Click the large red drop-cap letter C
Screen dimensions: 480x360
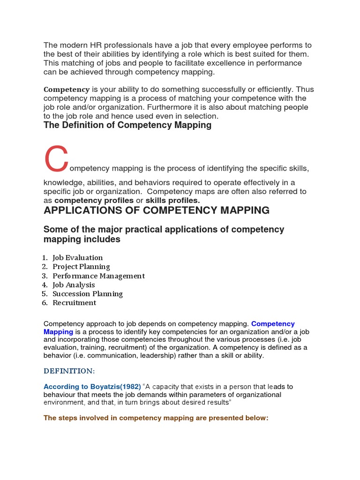point(56,159)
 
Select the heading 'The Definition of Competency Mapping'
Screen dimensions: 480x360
point(127,125)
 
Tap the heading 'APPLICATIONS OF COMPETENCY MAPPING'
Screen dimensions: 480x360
point(157,210)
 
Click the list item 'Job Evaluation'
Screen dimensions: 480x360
point(77,258)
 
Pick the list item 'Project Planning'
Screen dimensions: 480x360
point(81,267)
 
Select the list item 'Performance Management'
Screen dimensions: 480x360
point(98,276)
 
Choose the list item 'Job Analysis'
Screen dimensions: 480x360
point(74,285)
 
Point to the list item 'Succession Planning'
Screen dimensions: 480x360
point(88,294)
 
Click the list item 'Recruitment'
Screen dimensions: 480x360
point(74,303)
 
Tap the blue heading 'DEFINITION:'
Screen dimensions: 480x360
point(69,371)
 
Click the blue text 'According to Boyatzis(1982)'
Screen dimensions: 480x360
point(92,387)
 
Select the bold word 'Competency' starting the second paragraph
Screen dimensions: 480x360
point(67,89)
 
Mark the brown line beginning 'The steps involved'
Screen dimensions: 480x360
point(156,418)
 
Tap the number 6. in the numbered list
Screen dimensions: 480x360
point(45,303)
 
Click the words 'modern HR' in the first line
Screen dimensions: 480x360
point(78,45)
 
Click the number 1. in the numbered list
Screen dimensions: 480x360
point(45,258)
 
